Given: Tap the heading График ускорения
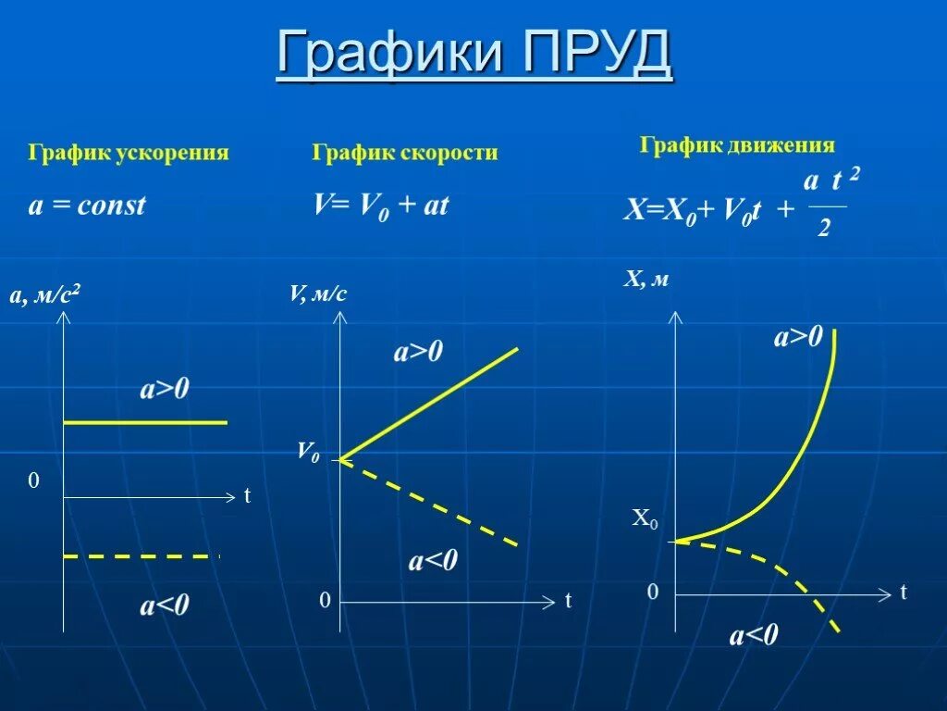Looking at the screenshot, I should [128, 153].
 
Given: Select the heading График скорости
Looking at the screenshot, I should [404, 153].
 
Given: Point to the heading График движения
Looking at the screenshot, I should [737, 145].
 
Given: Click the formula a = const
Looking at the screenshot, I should [87, 206].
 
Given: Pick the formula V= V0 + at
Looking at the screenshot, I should [380, 206].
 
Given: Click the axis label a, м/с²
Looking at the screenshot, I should [44, 295].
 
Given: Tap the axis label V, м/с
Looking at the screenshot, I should [317, 294].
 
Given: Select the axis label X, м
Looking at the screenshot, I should [646, 280].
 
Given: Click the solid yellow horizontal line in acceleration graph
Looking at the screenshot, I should [144, 422].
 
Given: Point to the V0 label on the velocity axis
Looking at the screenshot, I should [308, 452].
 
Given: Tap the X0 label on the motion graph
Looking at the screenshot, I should [645, 519].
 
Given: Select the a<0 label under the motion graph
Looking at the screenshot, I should [754, 635].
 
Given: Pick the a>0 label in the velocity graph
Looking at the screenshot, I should [418, 352].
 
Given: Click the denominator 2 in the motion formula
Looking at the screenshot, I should [823, 227].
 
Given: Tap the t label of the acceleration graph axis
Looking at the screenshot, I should [248, 496].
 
